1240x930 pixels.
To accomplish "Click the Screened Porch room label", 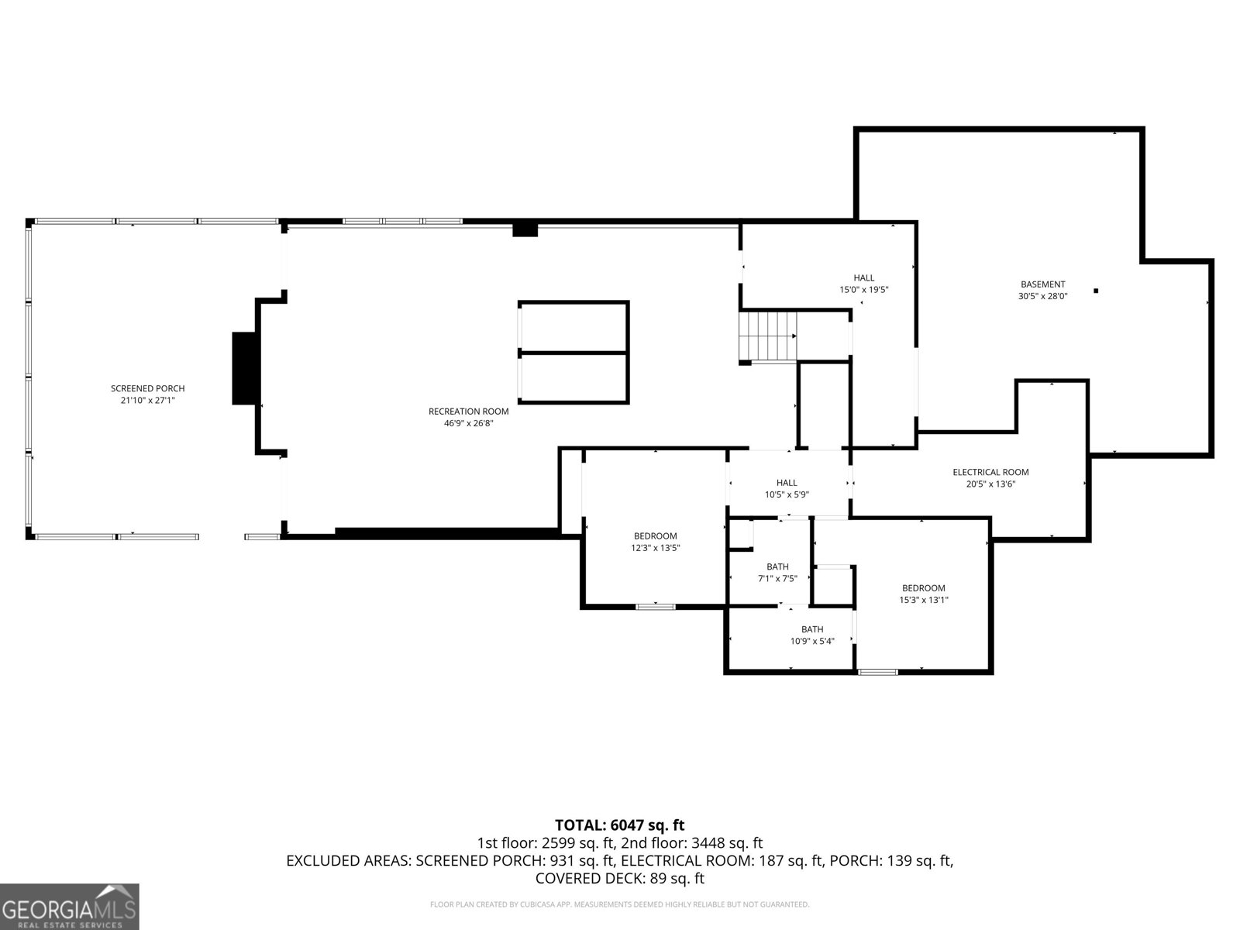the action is pyautogui.click(x=147, y=388).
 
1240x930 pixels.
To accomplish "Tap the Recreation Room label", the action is pyautogui.click(x=468, y=412).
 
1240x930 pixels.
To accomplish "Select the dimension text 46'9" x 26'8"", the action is pyautogui.click(x=468, y=423).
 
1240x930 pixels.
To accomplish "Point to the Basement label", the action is pyautogui.click(x=1043, y=284).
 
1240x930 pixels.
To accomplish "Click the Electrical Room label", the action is pyautogui.click(x=991, y=472).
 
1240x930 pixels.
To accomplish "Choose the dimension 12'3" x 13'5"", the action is pyautogui.click(x=656, y=548).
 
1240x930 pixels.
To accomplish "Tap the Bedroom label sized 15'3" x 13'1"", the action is pyautogui.click(x=924, y=587).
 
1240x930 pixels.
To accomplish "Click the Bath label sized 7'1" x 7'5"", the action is pyautogui.click(x=777, y=567).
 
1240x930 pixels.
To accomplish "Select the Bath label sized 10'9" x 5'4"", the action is pyautogui.click(x=812, y=629).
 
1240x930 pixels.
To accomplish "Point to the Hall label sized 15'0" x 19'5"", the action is pyautogui.click(x=864, y=277).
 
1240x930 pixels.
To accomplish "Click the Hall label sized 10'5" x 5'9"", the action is pyautogui.click(x=787, y=483).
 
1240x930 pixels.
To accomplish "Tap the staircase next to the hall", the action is pyautogui.click(x=768, y=336).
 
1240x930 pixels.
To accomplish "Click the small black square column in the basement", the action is pyautogui.click(x=1096, y=291).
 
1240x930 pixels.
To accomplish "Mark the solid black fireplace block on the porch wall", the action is pyautogui.click(x=243, y=368).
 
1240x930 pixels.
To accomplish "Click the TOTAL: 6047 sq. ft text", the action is pyautogui.click(x=620, y=825).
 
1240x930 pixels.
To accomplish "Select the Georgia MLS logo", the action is pyautogui.click(x=69, y=907).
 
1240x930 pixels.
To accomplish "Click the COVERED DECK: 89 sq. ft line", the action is pyautogui.click(x=620, y=878).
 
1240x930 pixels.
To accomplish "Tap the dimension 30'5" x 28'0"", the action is pyautogui.click(x=1043, y=296).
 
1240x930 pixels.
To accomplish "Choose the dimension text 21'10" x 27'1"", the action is pyautogui.click(x=147, y=401).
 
